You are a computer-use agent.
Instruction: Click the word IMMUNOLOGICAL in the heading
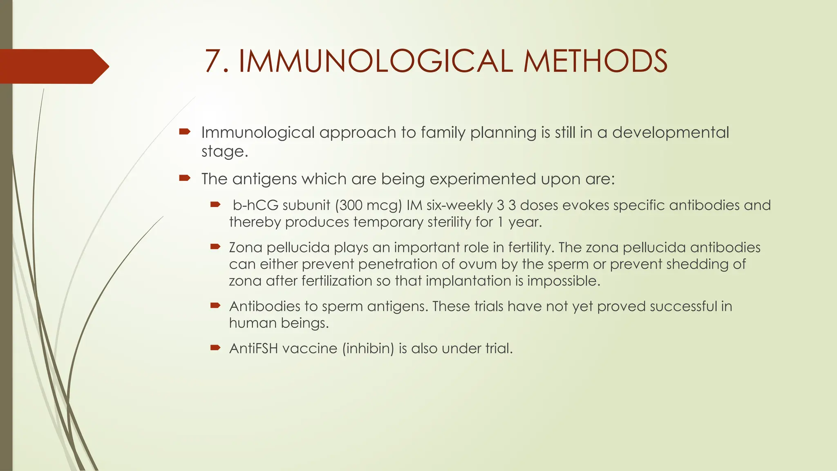tap(375, 61)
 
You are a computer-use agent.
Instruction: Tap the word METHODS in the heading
tap(595, 61)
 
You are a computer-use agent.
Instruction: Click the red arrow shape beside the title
tap(53, 66)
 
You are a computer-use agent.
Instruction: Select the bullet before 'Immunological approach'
tap(185, 132)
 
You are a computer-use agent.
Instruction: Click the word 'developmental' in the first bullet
tap(670, 133)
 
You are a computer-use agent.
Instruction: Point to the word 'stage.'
tap(225, 152)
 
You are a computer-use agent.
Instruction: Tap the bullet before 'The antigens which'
tap(185, 178)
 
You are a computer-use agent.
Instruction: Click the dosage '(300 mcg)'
tap(369, 205)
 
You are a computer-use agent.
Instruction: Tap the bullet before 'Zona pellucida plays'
tap(215, 247)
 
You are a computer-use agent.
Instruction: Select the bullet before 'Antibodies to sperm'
tap(215, 305)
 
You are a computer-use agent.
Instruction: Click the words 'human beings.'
tap(279, 323)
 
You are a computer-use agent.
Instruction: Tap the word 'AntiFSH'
tap(253, 348)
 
